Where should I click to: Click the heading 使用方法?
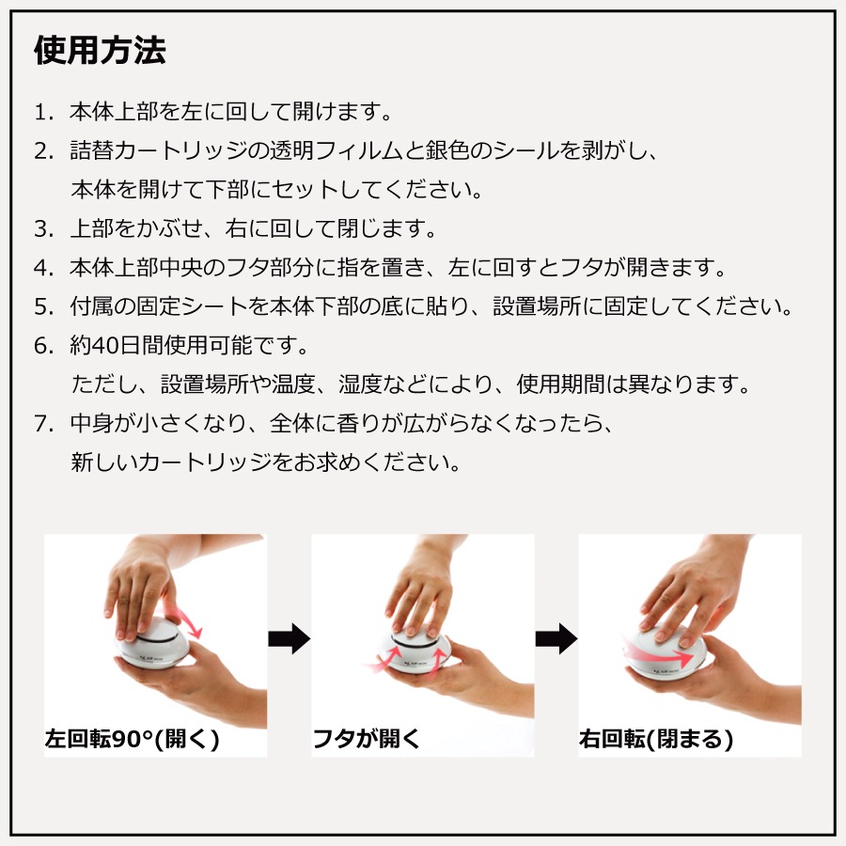pyautogui.click(x=100, y=50)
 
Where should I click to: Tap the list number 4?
pyautogui.click(x=43, y=268)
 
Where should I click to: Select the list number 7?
pyautogui.click(x=43, y=424)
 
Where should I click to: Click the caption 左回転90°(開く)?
pyautogui.click(x=133, y=739)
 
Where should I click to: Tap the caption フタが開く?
pyautogui.click(x=367, y=739)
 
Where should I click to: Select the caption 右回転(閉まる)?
pyautogui.click(x=656, y=739)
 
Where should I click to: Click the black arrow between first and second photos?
pyautogui.click(x=290, y=639)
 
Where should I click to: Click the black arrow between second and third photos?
pyautogui.click(x=556, y=639)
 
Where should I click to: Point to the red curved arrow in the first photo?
pyautogui.click(x=186, y=620)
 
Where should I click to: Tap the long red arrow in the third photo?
pyautogui.click(x=658, y=653)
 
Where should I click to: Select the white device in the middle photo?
pyautogui.click(x=415, y=650)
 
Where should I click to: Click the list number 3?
pyautogui.click(x=43, y=229)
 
